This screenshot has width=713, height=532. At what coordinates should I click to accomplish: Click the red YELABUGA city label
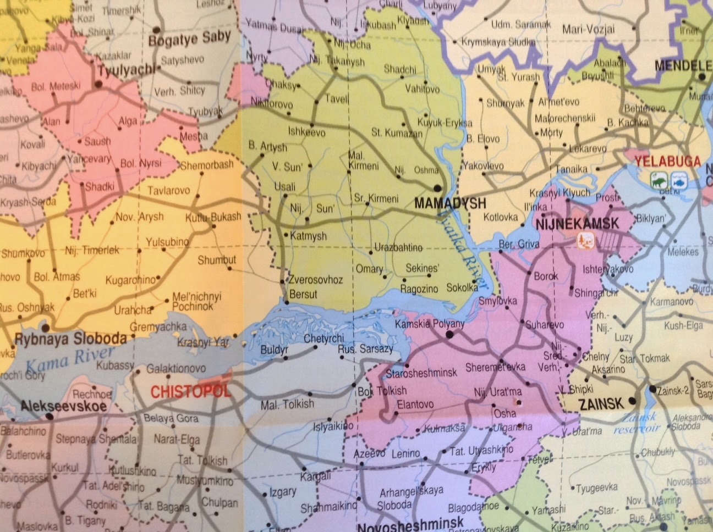coord(667,162)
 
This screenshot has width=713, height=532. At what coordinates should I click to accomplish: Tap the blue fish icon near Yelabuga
coord(678,180)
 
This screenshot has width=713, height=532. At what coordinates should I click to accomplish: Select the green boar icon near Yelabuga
coord(657,180)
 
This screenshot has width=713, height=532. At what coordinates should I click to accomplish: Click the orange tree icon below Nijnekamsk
coord(584,240)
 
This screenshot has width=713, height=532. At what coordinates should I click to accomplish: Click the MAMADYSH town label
coord(450,203)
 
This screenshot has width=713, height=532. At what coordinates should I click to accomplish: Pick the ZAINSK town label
coord(601,404)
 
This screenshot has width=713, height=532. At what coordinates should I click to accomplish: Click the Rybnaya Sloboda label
coord(70,337)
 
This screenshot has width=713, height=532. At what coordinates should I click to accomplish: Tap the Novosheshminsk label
coord(410,526)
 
